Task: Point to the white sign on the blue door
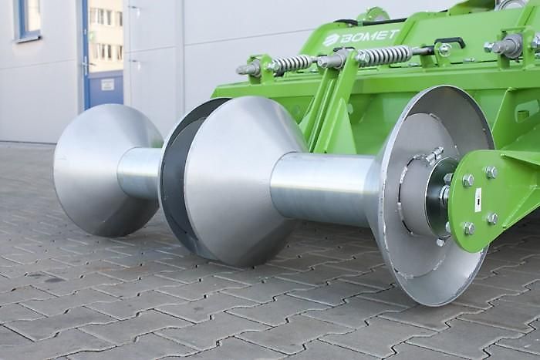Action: point(108,83)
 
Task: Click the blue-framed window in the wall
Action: point(29,19)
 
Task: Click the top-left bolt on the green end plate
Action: point(467,180)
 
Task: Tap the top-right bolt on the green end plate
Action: point(491,172)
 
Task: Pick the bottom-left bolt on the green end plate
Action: point(468,228)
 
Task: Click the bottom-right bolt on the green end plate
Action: point(492,218)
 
